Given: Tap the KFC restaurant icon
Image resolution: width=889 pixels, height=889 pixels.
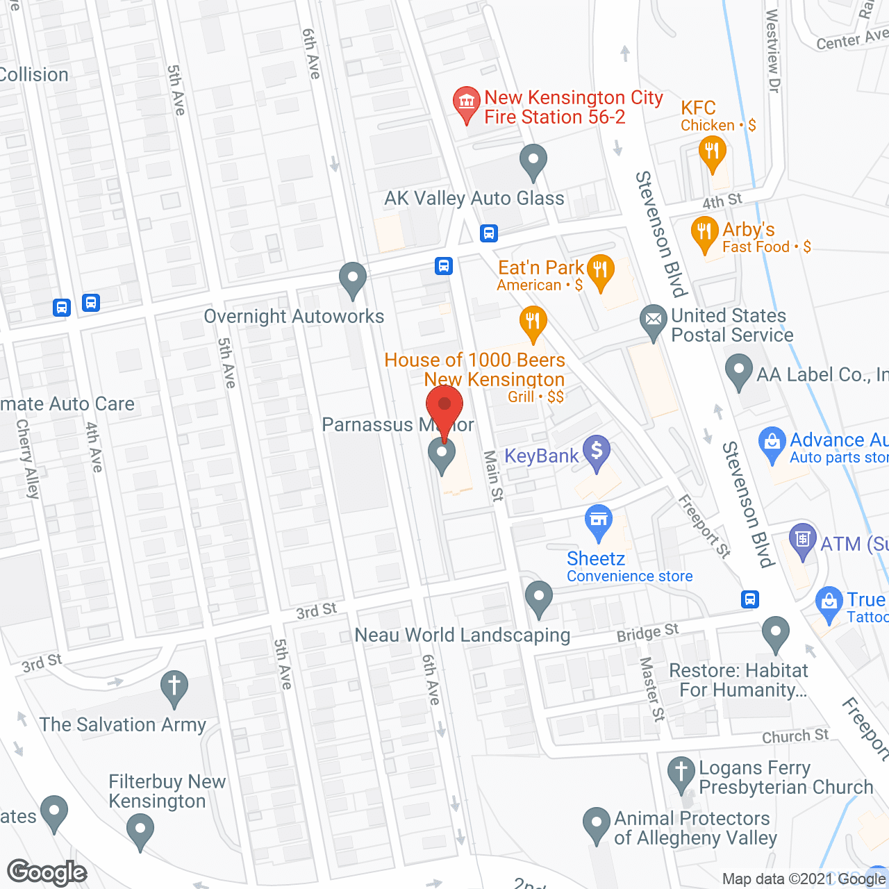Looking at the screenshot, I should click(x=712, y=152).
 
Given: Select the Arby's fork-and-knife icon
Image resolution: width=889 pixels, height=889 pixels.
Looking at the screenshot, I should click(x=704, y=232).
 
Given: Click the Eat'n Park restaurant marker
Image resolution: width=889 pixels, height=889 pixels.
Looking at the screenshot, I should click(x=600, y=270).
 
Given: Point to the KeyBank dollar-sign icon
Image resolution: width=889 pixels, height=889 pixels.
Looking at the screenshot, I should click(x=596, y=451).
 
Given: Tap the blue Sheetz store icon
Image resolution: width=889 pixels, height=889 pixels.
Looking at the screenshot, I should click(x=598, y=520).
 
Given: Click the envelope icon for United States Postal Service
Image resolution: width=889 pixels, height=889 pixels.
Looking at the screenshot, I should click(x=653, y=320).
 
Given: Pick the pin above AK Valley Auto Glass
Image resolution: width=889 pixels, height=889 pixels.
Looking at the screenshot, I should click(x=533, y=161).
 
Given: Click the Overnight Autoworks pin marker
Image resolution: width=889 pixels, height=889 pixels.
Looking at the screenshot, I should click(x=353, y=279).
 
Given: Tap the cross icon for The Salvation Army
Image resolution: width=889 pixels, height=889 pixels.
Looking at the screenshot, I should click(x=174, y=686).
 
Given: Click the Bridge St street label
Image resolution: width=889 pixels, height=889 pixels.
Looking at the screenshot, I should click(x=647, y=633).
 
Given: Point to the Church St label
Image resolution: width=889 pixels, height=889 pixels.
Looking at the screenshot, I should click(x=795, y=736).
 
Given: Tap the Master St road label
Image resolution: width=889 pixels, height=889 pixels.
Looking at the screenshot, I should click(x=652, y=689).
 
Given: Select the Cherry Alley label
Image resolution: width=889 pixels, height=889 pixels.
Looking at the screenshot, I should click(x=28, y=458).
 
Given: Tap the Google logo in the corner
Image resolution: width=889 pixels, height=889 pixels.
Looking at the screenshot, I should click(x=47, y=872).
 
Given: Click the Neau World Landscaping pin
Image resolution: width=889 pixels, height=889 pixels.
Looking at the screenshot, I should click(x=539, y=597).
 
